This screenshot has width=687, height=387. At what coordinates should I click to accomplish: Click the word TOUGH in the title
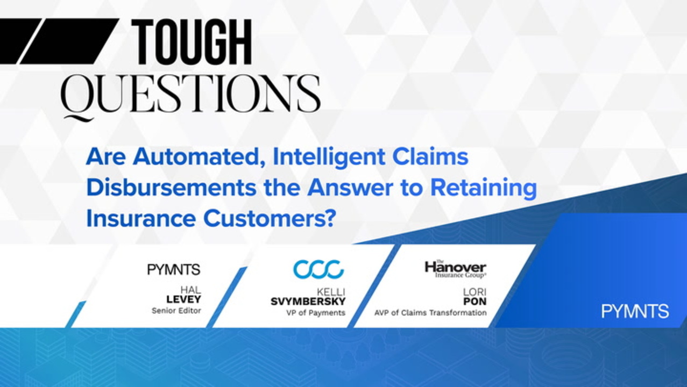point(192,42)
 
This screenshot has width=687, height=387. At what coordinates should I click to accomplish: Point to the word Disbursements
point(172,188)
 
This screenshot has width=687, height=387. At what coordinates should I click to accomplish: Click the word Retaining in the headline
point(484,189)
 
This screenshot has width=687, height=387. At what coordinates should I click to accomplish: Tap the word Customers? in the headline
point(268,218)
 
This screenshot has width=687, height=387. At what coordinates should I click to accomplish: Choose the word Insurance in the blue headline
point(141,218)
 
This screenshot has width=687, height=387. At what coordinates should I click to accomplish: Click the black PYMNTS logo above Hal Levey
point(174,269)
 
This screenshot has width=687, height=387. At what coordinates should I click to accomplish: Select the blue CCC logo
point(318,269)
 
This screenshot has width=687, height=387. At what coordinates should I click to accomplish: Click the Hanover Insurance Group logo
point(456,269)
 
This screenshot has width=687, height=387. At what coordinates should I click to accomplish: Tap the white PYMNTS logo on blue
point(635,311)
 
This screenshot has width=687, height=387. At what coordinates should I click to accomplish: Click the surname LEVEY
point(183,299)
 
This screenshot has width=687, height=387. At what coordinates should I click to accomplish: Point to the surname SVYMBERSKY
point(308,302)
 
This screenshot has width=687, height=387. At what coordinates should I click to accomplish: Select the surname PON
point(474,302)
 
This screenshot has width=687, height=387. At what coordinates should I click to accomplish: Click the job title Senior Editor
point(176,311)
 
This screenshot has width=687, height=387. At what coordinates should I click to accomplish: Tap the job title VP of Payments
point(316,313)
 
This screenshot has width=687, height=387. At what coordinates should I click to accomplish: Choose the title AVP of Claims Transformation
point(430,313)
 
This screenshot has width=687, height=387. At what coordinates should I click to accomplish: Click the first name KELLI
point(331,292)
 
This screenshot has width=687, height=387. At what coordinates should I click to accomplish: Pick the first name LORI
point(474,292)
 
